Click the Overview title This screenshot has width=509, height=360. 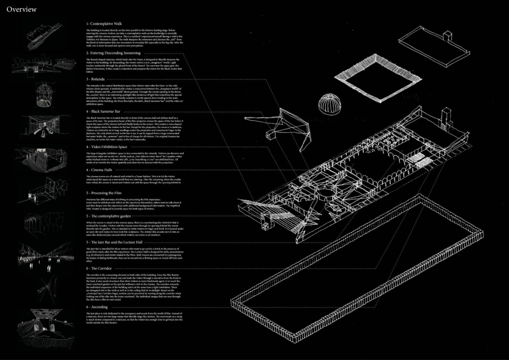(21, 10)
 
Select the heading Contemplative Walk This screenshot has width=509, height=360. (104, 24)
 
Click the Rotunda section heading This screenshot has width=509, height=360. (95, 79)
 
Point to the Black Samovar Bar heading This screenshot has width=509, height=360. (103, 111)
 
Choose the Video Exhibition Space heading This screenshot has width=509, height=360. (107, 147)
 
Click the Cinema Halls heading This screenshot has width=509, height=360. (99, 170)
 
